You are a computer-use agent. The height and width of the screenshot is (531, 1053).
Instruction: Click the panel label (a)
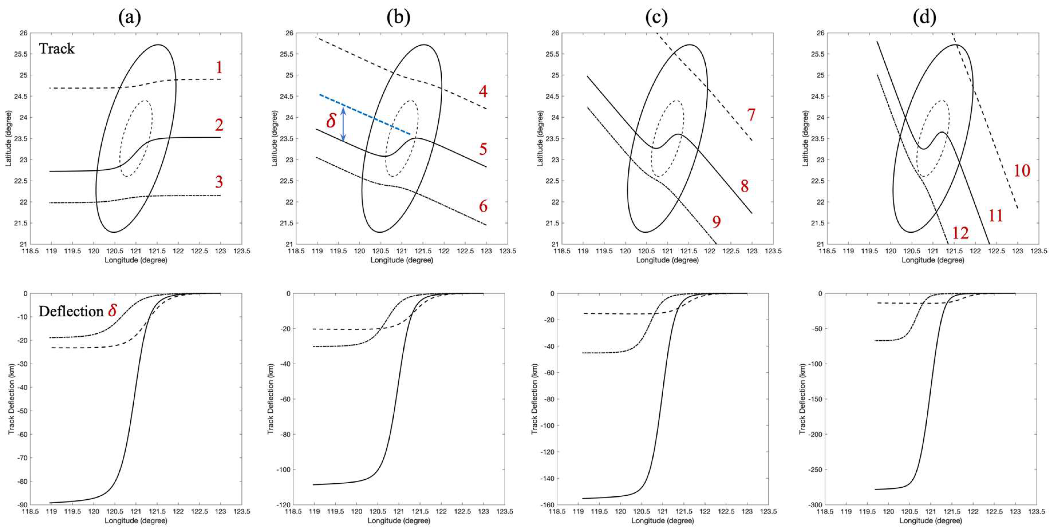point(130,17)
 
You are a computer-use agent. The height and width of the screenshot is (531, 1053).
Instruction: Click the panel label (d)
point(925,17)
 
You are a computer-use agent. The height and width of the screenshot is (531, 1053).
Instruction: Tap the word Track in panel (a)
point(57,49)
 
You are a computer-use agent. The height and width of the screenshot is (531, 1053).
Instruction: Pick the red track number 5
point(483,149)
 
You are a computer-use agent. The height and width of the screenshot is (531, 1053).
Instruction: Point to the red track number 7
point(751,115)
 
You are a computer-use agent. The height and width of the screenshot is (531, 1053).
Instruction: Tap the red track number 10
point(1022,171)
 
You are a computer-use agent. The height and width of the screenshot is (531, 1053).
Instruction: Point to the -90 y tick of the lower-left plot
point(22,505)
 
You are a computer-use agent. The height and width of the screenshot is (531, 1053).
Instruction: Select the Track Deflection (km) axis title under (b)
point(271,399)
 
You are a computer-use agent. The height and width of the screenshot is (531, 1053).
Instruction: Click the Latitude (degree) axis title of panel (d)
point(805,138)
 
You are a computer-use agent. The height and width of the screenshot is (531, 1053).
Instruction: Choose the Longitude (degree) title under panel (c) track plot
point(667,260)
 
